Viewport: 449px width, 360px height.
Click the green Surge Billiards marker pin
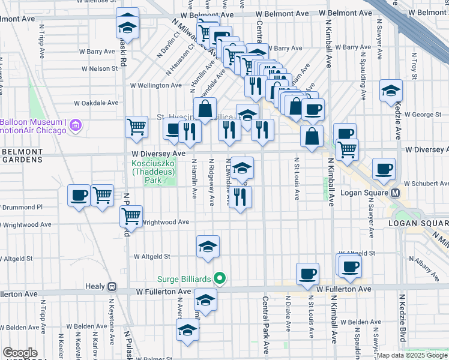tap(220, 278)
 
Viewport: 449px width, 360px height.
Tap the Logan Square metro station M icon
tap(396, 193)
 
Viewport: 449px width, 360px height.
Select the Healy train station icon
tap(112, 287)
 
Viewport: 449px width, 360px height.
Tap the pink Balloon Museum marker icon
tap(75, 125)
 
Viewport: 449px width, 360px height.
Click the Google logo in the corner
tap(20, 353)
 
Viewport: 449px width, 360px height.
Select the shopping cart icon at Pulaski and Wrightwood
tap(131, 215)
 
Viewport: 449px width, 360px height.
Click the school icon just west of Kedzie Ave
tap(391, 91)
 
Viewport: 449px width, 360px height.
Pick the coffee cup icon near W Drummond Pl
tap(79, 195)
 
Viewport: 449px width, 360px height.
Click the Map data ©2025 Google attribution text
tap(412, 355)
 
